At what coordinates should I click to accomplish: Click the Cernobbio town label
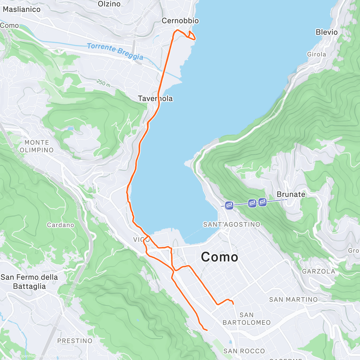pos(180,21)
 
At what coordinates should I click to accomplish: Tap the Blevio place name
pos(326,32)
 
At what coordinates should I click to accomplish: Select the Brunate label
pos(291,194)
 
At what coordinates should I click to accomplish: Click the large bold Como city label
pos(219,257)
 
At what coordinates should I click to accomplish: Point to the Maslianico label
pos(22,9)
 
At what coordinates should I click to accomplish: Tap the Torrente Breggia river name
pos(115,52)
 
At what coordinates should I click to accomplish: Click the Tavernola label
pos(155,98)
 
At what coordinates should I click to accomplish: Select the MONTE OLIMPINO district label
pos(37,146)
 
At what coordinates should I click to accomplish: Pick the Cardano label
pos(60,225)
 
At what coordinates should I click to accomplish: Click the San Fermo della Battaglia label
pos(29,281)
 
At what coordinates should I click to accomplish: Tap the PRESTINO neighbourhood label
pos(75,341)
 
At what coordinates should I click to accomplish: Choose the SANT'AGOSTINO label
pos(232,224)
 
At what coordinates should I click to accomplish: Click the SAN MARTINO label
pos(293,299)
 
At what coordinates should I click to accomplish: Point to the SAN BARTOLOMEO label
pos(247,319)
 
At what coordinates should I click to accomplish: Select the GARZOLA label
pos(319,271)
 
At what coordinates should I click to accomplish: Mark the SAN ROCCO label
pos(244,351)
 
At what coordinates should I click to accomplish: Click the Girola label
pos(316,54)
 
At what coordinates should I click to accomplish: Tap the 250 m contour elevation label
pos(103,82)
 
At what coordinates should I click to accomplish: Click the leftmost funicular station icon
pos(229,205)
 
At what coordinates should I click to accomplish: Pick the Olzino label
pos(109,4)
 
